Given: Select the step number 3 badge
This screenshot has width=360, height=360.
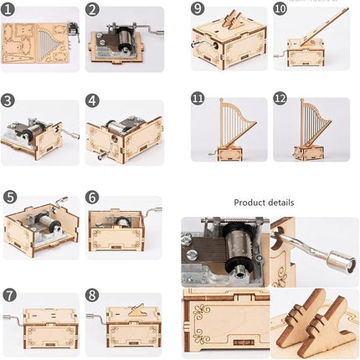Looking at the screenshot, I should (x=9, y=100).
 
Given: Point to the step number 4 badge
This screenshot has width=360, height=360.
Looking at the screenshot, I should (x=93, y=101).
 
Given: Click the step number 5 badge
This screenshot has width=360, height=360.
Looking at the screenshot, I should (x=9, y=198).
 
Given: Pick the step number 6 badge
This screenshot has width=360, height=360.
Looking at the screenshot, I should (x=93, y=198).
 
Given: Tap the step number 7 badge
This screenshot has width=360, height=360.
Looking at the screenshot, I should (x=9, y=295).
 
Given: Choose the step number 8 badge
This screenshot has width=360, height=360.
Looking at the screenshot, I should (x=93, y=295).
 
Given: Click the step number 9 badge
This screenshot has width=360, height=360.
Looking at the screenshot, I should (x=198, y=9).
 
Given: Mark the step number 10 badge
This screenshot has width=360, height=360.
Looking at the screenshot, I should (x=280, y=9).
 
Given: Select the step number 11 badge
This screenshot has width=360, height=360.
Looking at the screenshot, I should (x=198, y=99).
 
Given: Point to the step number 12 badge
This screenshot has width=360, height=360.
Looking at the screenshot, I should (x=280, y=99).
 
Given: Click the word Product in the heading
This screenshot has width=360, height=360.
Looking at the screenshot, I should (x=249, y=203).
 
